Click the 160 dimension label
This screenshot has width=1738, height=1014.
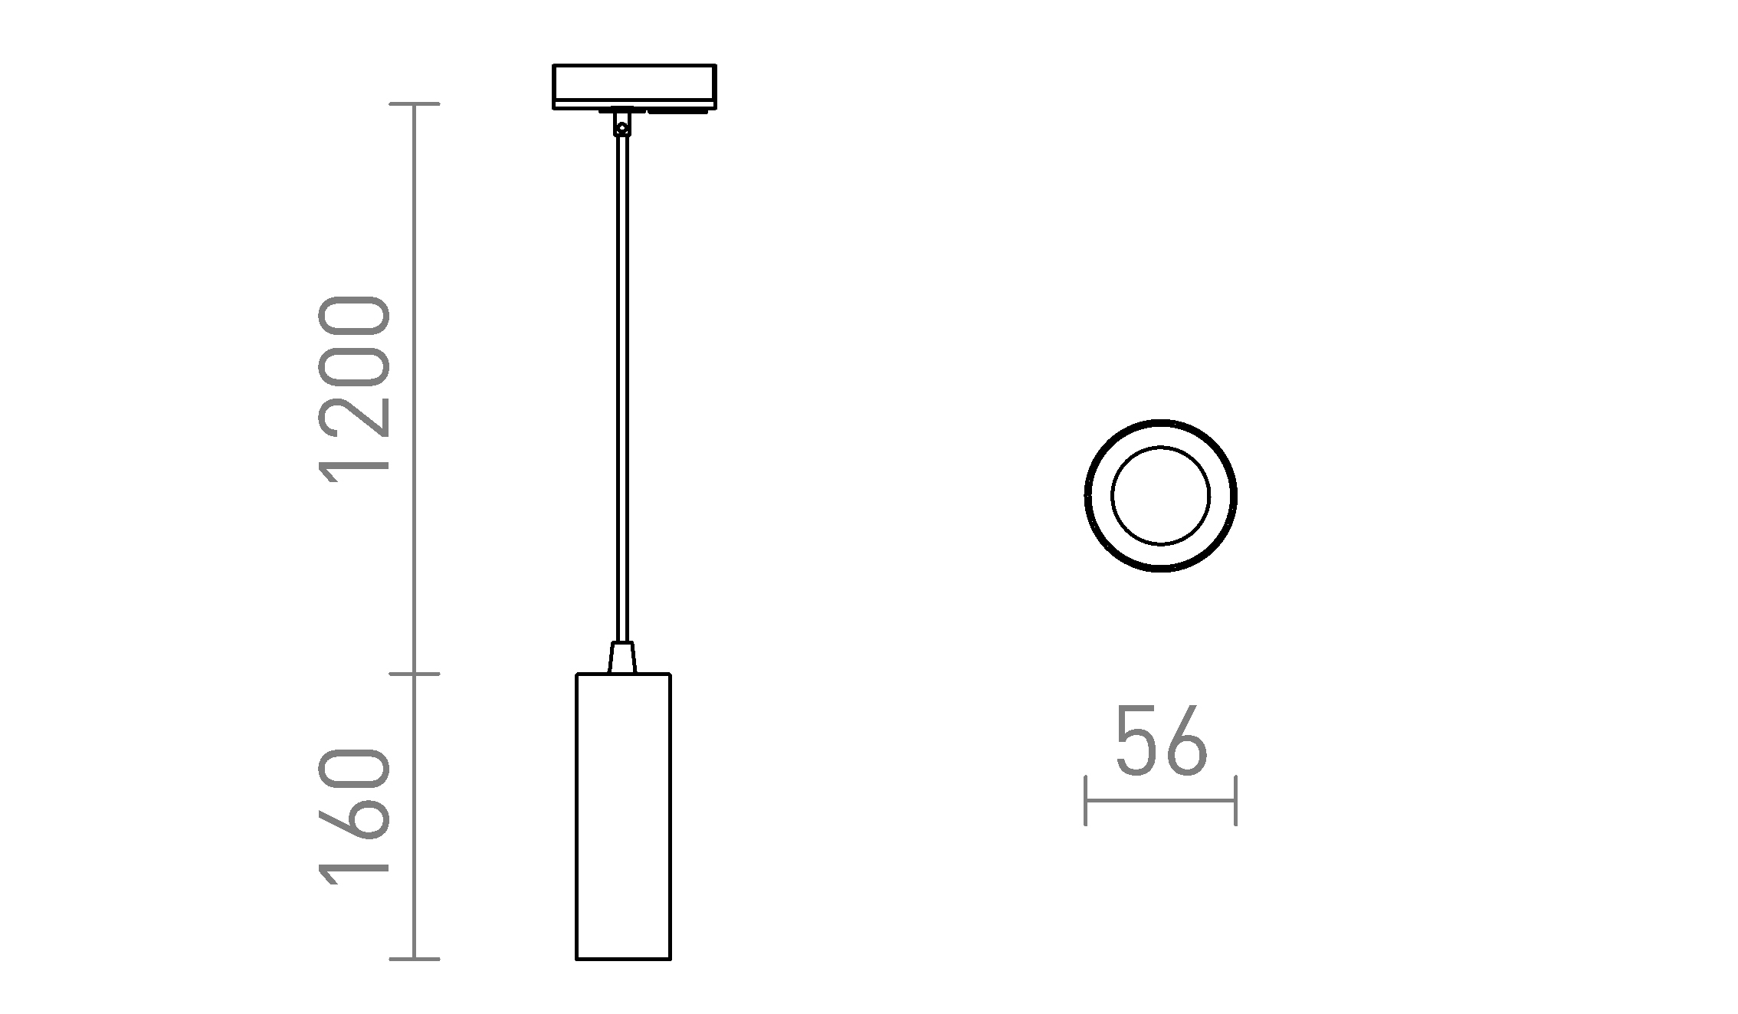(354, 817)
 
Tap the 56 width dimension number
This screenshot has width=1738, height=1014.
(1160, 741)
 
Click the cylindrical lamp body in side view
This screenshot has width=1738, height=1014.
(623, 816)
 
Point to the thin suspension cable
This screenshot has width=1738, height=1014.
(622, 383)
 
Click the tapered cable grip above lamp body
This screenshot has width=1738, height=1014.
(622, 658)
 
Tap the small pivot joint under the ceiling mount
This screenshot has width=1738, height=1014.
(622, 127)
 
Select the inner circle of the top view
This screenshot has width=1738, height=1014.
(1160, 496)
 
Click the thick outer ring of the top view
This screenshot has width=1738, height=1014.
(1088, 496)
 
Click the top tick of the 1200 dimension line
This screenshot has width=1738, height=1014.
(415, 103)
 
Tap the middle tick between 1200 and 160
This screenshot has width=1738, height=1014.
(415, 674)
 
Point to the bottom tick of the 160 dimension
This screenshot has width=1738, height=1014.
(415, 959)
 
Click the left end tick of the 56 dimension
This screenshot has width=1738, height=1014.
(1086, 801)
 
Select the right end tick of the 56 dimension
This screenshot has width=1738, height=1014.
(1235, 801)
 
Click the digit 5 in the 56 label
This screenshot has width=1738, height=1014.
(1136, 741)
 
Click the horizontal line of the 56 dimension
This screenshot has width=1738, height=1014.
(1160, 801)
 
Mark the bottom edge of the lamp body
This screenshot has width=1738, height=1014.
(623, 959)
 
